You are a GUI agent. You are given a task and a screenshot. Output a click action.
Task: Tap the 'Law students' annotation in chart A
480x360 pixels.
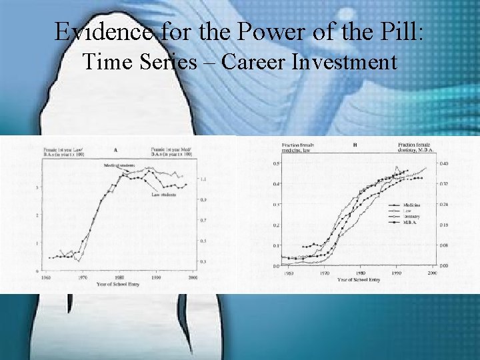(163, 195)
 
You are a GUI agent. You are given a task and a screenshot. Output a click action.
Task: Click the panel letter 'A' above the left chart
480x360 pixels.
(116, 150)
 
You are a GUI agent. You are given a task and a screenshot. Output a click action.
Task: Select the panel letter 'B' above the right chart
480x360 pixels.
(355, 144)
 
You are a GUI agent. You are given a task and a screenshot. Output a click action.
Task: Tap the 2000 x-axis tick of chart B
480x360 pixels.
(431, 273)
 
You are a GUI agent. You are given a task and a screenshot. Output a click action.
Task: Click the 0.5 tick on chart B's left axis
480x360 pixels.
(275, 163)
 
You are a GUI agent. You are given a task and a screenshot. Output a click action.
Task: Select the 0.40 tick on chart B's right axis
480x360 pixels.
(444, 163)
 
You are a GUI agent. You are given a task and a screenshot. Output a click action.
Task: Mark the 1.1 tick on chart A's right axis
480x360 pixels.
(203, 180)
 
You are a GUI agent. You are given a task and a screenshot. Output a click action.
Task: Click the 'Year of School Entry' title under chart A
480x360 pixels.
(118, 284)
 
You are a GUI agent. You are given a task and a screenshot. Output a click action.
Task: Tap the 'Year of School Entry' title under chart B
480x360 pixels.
(359, 279)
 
